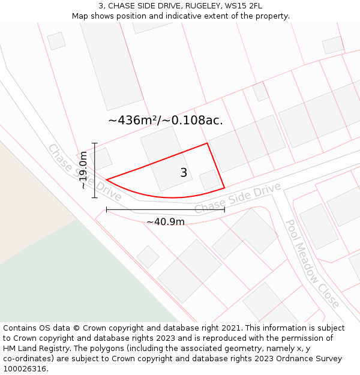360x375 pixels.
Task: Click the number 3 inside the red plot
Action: point(184,173)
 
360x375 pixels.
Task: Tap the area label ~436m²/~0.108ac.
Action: point(165,120)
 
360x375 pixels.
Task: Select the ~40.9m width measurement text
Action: point(166,222)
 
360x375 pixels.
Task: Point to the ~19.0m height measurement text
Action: point(83,170)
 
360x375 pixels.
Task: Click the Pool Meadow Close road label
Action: point(311,263)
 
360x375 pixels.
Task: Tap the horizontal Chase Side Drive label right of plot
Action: point(238,199)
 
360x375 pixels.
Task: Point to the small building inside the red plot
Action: point(209,180)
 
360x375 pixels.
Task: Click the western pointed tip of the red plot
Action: point(107,179)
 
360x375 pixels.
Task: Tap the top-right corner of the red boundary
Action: point(207,143)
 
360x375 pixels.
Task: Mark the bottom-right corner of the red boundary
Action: point(224,188)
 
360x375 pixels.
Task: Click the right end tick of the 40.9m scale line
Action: point(224,209)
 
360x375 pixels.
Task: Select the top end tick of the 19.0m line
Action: point(94,143)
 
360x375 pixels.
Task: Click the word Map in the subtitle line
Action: point(80,16)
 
